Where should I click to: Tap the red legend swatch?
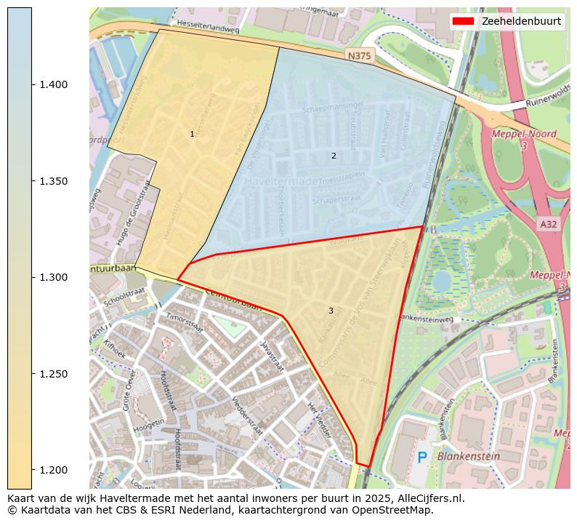tap(464, 21)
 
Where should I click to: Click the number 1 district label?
tap(192, 134)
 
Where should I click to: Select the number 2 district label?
tap(334, 156)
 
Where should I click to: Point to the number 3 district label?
tap(331, 311)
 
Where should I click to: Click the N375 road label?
tap(360, 56)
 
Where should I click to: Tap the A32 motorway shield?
tap(549, 224)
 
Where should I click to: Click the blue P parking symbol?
tap(422, 458)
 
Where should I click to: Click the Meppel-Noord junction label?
tap(523, 134)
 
